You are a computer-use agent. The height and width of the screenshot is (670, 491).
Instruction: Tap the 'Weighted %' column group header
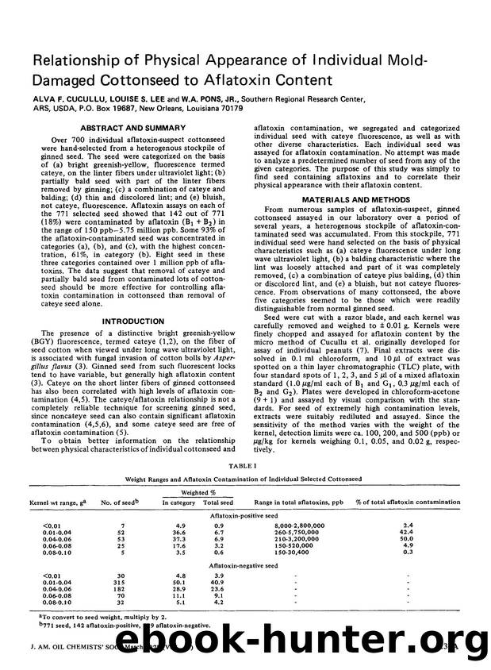point(195,494)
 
